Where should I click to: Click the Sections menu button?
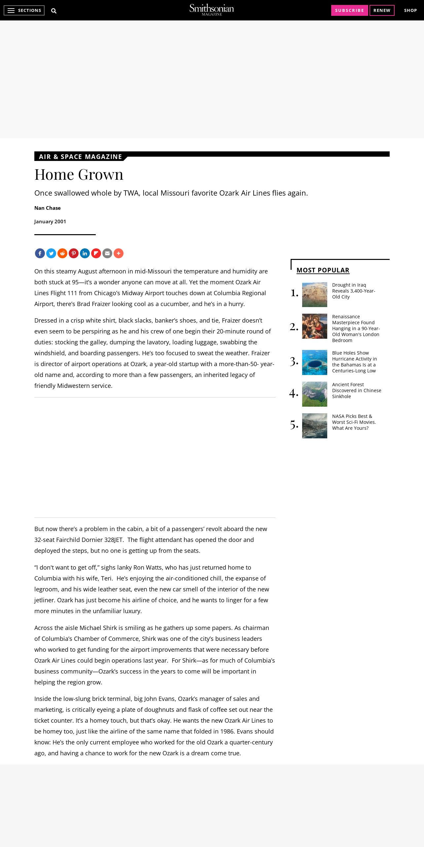(x=24, y=11)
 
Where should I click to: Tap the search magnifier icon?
(x=54, y=11)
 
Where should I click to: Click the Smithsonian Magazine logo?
(x=212, y=10)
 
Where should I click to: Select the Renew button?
(x=382, y=11)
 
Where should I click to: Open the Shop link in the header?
(x=410, y=11)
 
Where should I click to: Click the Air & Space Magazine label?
(x=80, y=157)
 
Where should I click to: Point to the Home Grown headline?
(x=79, y=174)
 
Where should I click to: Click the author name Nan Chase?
(x=48, y=208)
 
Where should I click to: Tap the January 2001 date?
(x=50, y=222)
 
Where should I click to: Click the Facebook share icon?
(x=40, y=253)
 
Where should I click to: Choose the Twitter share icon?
(x=51, y=253)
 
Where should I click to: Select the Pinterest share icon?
(x=74, y=253)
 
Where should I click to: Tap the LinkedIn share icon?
(x=85, y=253)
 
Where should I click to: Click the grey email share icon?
(x=107, y=253)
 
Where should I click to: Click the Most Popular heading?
(x=323, y=270)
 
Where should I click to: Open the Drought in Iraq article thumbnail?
(x=314, y=295)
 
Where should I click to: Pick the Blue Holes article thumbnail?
(x=314, y=362)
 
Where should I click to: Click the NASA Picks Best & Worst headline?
(x=354, y=422)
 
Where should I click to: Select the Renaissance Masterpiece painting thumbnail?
(x=314, y=326)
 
